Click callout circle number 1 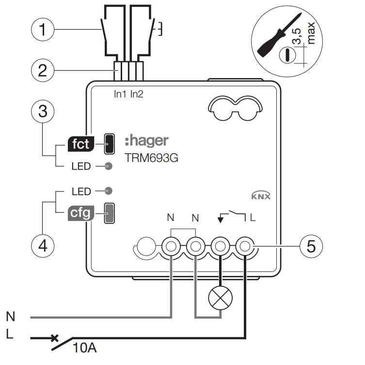[42, 30]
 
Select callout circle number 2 [42, 71]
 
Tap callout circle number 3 [42, 111]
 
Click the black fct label [80, 143]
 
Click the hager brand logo [146, 141]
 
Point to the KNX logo [261, 196]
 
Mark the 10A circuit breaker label [85, 347]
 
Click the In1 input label [120, 95]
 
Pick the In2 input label [136, 95]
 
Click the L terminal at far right [245, 247]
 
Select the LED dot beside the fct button [109, 166]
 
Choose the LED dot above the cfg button [109, 191]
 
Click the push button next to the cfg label [110, 213]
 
